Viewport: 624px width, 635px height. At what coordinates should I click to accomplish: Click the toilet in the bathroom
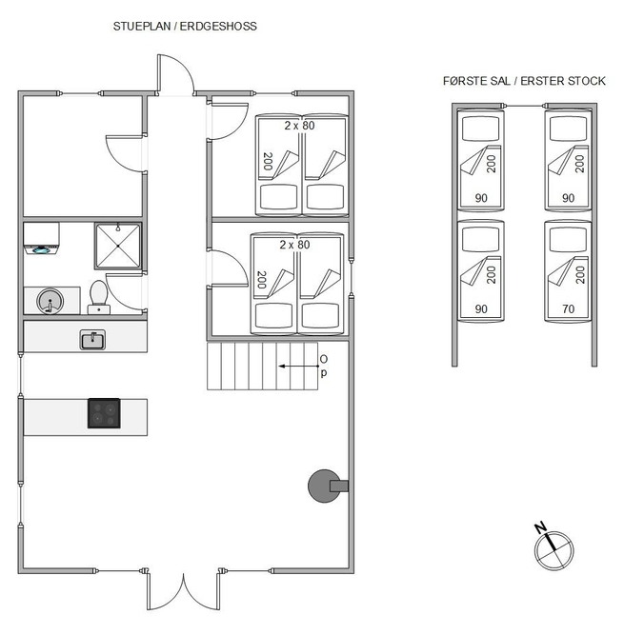pos(99,297)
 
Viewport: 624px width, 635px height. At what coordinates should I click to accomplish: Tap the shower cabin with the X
pos(118,246)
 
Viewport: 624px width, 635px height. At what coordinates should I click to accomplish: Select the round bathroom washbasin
pos(50,301)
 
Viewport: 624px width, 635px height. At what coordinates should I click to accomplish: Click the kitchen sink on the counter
pos(92,339)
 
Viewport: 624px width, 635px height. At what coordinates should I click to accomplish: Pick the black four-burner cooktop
pos(104,413)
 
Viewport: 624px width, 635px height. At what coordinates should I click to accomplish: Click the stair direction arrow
pos(298,367)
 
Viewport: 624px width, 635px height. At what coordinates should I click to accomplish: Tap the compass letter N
pos(540,528)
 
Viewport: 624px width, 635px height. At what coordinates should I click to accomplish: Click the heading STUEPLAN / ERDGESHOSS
pos(185,27)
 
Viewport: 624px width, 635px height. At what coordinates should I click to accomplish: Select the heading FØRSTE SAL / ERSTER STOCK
pos(524,81)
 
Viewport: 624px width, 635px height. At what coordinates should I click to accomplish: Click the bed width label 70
pos(568,309)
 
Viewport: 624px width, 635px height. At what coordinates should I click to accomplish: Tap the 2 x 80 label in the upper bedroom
pos(299,126)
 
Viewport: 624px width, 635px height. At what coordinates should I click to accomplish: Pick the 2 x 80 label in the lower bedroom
pos(294,245)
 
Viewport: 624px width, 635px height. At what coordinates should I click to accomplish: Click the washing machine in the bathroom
pos(41,238)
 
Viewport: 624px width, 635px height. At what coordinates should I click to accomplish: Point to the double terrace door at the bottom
pos(184,590)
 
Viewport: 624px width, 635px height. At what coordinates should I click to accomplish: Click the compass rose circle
pos(554,551)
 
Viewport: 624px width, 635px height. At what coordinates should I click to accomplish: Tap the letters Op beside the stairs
pos(323,366)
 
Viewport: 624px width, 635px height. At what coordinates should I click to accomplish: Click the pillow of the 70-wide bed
pos(568,239)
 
